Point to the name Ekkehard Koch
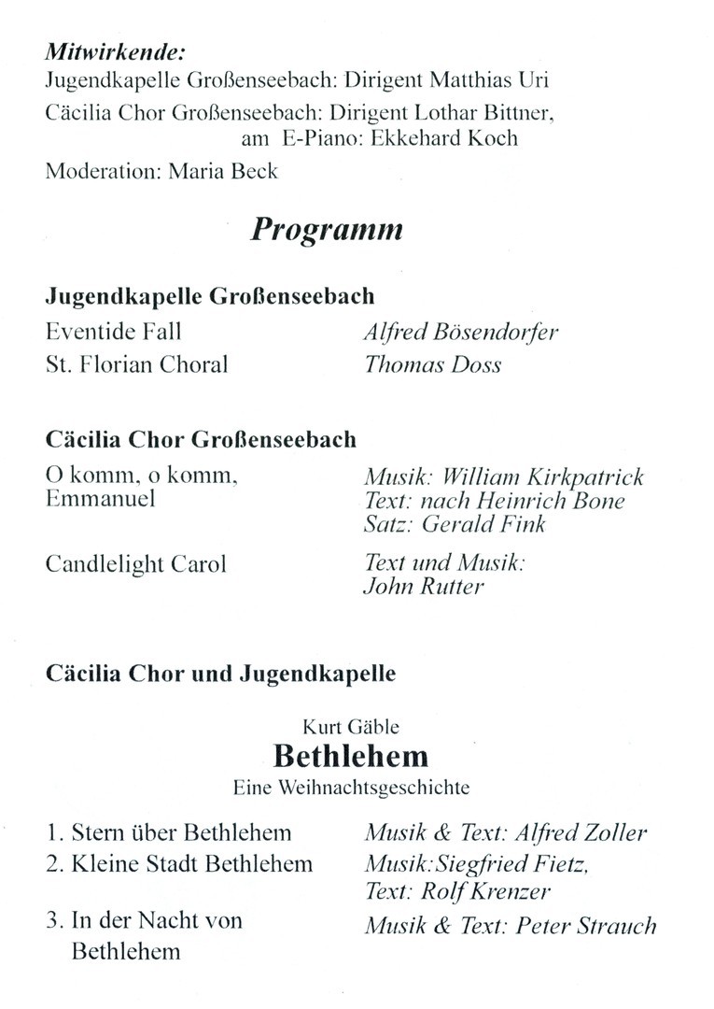[x=453, y=139]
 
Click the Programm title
[x=327, y=230]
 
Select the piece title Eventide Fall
[x=113, y=332]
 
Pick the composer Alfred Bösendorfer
[x=461, y=333]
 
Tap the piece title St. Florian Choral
[x=136, y=364]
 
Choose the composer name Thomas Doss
[x=433, y=364]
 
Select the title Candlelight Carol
[x=135, y=565]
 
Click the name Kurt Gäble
[x=351, y=726]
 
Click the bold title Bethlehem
[x=351, y=756]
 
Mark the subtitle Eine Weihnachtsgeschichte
[x=351, y=788]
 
